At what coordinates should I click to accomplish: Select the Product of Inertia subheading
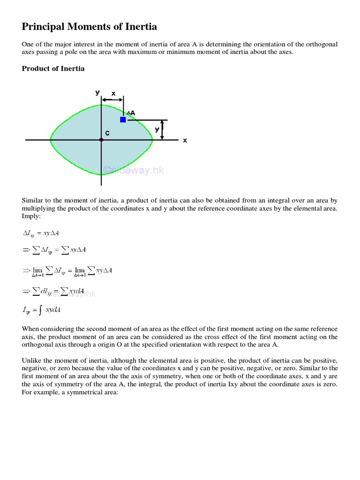click(x=53, y=68)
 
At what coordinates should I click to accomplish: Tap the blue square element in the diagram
click(x=123, y=120)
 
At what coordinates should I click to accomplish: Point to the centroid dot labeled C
click(x=101, y=140)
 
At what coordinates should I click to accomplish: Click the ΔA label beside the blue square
click(x=131, y=113)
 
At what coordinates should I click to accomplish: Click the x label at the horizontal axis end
click(x=185, y=140)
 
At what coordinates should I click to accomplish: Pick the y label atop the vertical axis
click(x=97, y=92)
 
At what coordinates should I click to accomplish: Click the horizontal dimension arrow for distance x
click(x=112, y=99)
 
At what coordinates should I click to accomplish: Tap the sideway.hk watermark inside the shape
click(x=134, y=171)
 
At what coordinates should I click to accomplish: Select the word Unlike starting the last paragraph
click(x=32, y=360)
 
